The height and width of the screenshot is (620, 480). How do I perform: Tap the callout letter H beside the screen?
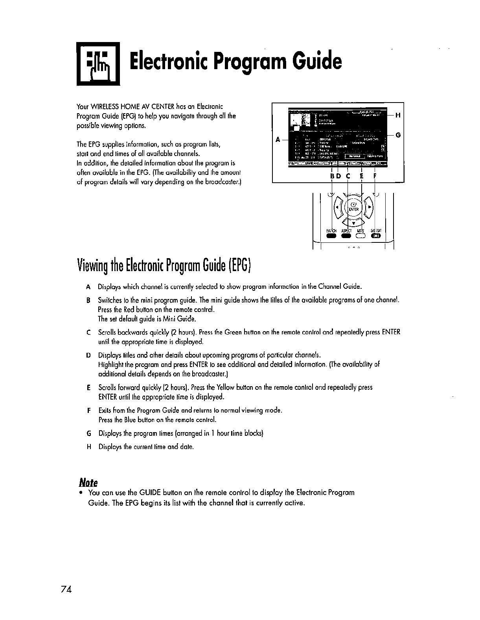click(x=397, y=115)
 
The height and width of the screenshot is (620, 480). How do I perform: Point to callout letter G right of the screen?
click(x=397, y=135)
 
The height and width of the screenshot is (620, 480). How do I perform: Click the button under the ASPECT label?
click(x=346, y=236)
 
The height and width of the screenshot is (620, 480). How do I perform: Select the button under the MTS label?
click(x=360, y=236)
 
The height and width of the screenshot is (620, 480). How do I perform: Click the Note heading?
click(x=88, y=482)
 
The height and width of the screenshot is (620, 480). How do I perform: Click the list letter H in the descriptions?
click(x=89, y=447)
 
